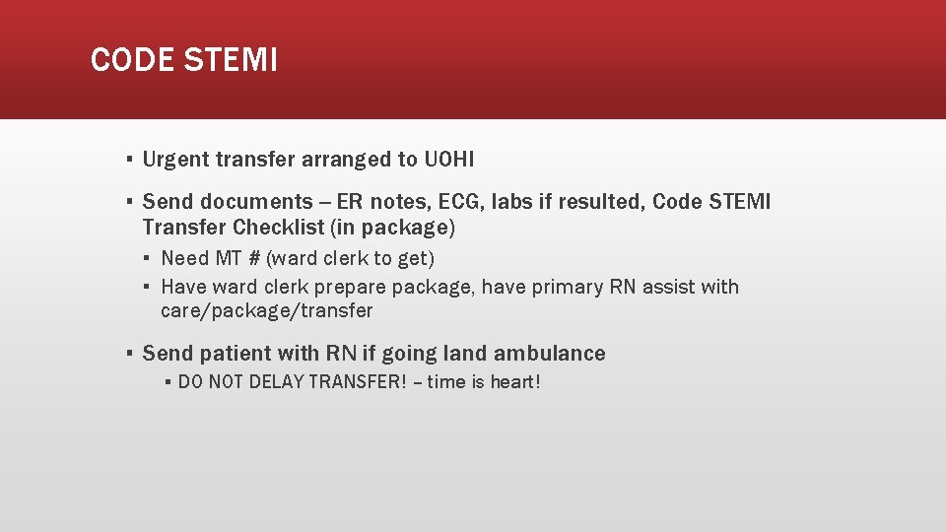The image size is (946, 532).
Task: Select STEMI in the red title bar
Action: pyautogui.click(x=230, y=60)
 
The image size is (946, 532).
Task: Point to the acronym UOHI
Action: pyautogui.click(x=448, y=159)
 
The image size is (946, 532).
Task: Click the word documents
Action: pyautogui.click(x=256, y=202)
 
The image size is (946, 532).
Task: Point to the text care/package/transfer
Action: pyautogui.click(x=266, y=310)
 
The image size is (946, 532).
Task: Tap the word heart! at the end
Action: pyautogui.click(x=515, y=381)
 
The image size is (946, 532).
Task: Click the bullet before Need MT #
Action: pyautogui.click(x=147, y=259)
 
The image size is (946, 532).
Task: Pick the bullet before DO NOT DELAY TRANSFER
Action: pyautogui.click(x=169, y=382)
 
